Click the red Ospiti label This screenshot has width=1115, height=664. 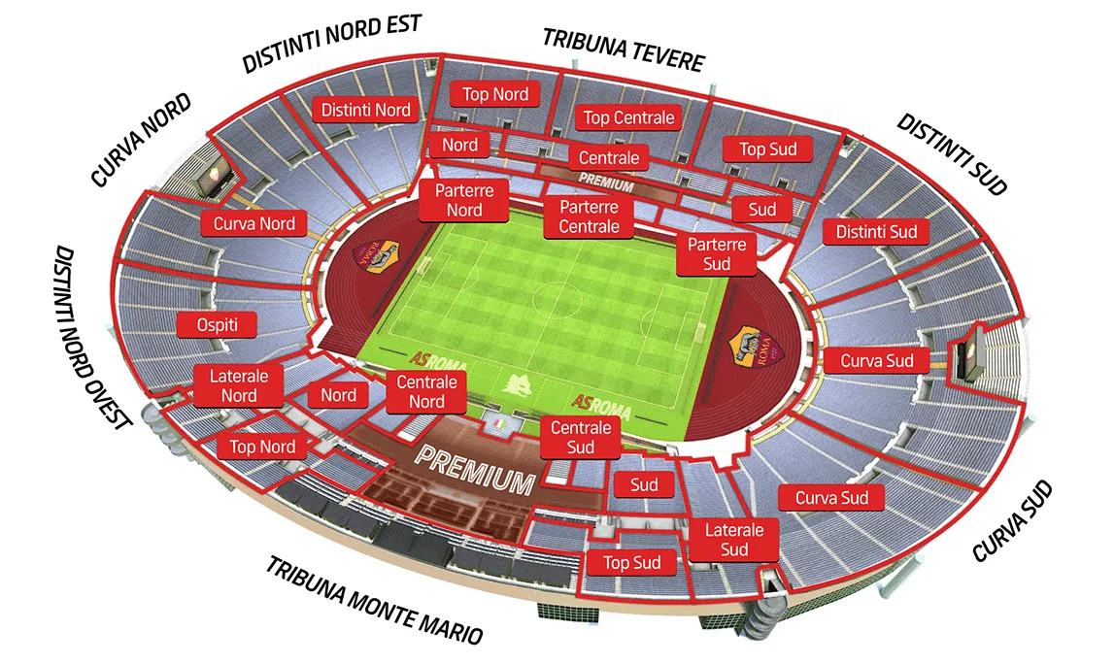[x=218, y=324]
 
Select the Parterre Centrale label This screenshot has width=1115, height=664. [x=589, y=216]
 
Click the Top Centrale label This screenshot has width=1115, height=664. [x=628, y=118]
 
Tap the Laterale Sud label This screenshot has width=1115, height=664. [x=734, y=540]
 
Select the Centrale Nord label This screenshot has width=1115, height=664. [x=426, y=392]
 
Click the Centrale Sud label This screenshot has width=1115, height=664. [x=581, y=437]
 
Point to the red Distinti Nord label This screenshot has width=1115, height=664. [x=365, y=110]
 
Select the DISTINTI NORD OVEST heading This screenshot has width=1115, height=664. [x=93, y=336]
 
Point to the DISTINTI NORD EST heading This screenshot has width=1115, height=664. [x=331, y=43]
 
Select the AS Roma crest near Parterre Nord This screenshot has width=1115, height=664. [x=375, y=254]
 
